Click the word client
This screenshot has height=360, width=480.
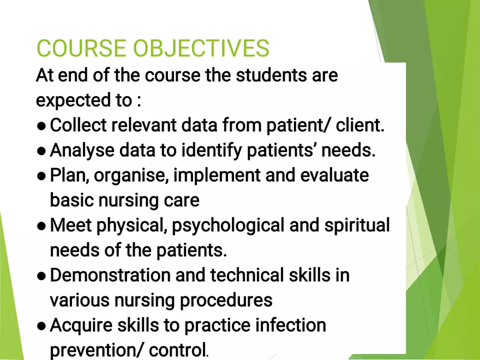pyautogui.click(x=359, y=125)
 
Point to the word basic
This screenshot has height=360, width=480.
pyautogui.click(x=72, y=200)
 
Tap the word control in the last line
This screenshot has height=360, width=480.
pyautogui.click(x=176, y=350)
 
